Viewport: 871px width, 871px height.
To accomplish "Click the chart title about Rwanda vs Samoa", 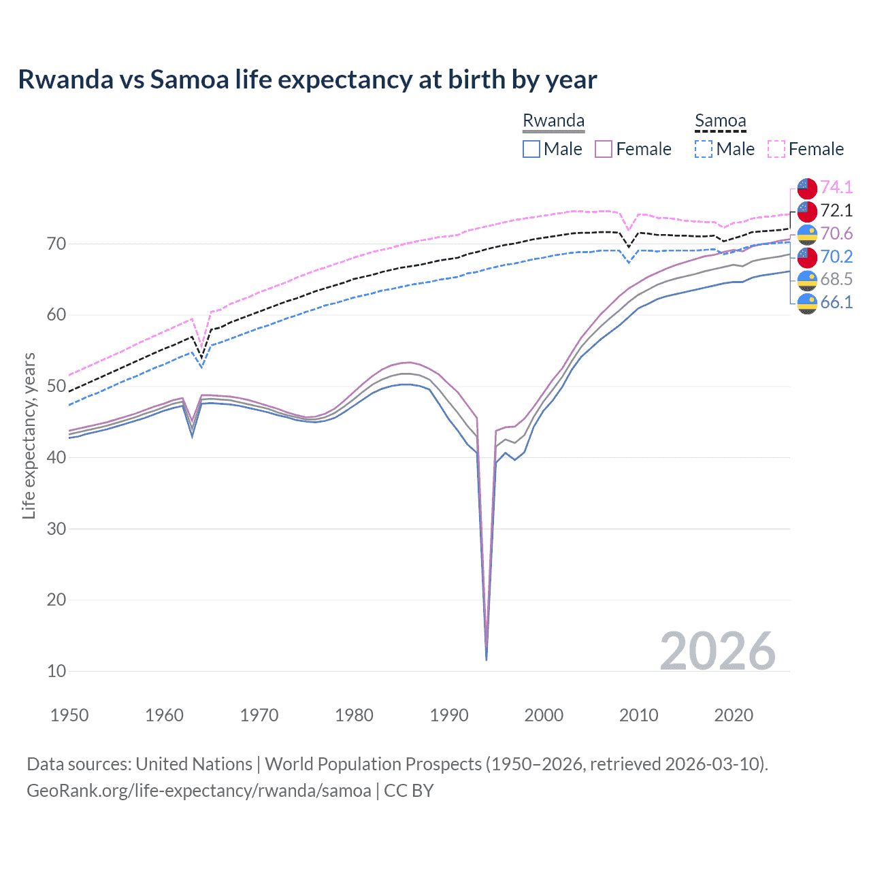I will tap(307, 80).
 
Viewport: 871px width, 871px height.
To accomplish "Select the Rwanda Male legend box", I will tap(531, 149).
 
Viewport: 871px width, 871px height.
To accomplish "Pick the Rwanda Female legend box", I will tap(604, 149).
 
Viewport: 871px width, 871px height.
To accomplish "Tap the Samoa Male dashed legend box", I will tap(704, 149).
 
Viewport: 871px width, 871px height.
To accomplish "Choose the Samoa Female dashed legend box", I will tap(776, 149).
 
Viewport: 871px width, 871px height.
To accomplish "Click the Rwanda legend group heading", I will tap(553, 120).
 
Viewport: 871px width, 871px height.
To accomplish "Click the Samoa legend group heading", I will tap(720, 120).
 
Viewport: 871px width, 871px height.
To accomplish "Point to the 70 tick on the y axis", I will tap(56, 244).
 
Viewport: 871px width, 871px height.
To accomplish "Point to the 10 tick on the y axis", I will tap(56, 671).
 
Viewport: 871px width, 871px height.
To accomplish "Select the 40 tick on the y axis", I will tap(56, 457).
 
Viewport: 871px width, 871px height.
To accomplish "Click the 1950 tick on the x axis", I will tap(69, 715).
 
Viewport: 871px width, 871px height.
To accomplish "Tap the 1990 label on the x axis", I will tap(449, 715).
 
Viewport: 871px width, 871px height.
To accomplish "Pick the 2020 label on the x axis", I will tap(734, 715).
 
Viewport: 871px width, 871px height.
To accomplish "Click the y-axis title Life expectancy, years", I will tap(29, 435).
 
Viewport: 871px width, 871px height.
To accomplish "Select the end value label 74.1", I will tap(836, 187).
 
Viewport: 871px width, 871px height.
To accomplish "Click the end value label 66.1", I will tap(836, 302).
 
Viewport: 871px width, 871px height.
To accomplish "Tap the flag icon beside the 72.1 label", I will tap(807, 211).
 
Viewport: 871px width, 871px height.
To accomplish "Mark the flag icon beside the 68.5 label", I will tap(807, 280).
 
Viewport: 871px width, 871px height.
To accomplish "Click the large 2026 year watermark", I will tap(717, 651).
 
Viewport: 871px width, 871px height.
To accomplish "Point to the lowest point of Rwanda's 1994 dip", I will tap(486, 659).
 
